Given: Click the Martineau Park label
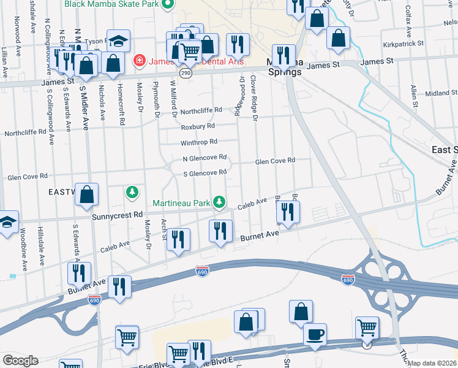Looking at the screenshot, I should [x=182, y=202].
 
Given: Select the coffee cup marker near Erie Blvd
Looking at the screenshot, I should [x=315, y=335].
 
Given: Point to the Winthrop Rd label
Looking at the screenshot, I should [x=199, y=142].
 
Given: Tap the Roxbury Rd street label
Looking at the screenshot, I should [x=197, y=126].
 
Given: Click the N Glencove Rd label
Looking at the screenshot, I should [x=205, y=158].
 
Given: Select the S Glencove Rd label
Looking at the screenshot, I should [x=205, y=173].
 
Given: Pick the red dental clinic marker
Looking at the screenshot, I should [x=139, y=61].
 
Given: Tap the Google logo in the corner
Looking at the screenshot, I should [x=20, y=360].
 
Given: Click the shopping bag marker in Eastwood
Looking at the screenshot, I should [x=88, y=194].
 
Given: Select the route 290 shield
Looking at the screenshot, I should [x=187, y=73].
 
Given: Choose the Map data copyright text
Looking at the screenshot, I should [x=433, y=363].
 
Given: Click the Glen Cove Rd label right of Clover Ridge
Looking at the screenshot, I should [x=275, y=161].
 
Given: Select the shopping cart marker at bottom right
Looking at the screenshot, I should [x=367, y=327].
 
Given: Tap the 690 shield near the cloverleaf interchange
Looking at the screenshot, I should [x=347, y=279].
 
